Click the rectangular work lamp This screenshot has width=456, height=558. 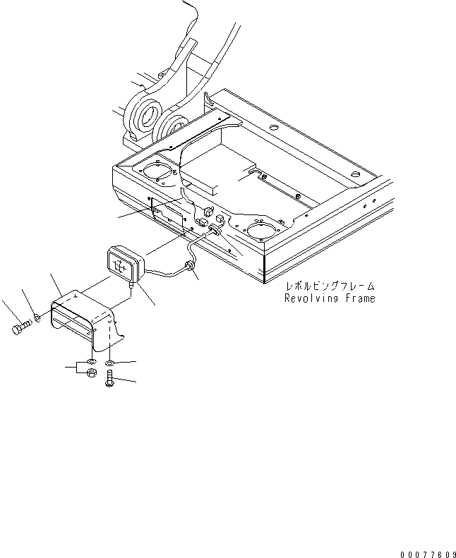[x=125, y=264]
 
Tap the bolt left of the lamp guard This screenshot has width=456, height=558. [x=20, y=328]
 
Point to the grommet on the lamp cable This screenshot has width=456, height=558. [x=188, y=266]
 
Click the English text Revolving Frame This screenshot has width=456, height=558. [x=330, y=298]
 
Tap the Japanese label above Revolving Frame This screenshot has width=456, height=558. [x=330, y=287]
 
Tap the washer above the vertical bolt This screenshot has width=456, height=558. [x=110, y=363]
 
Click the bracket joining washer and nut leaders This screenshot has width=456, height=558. [x=73, y=368]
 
